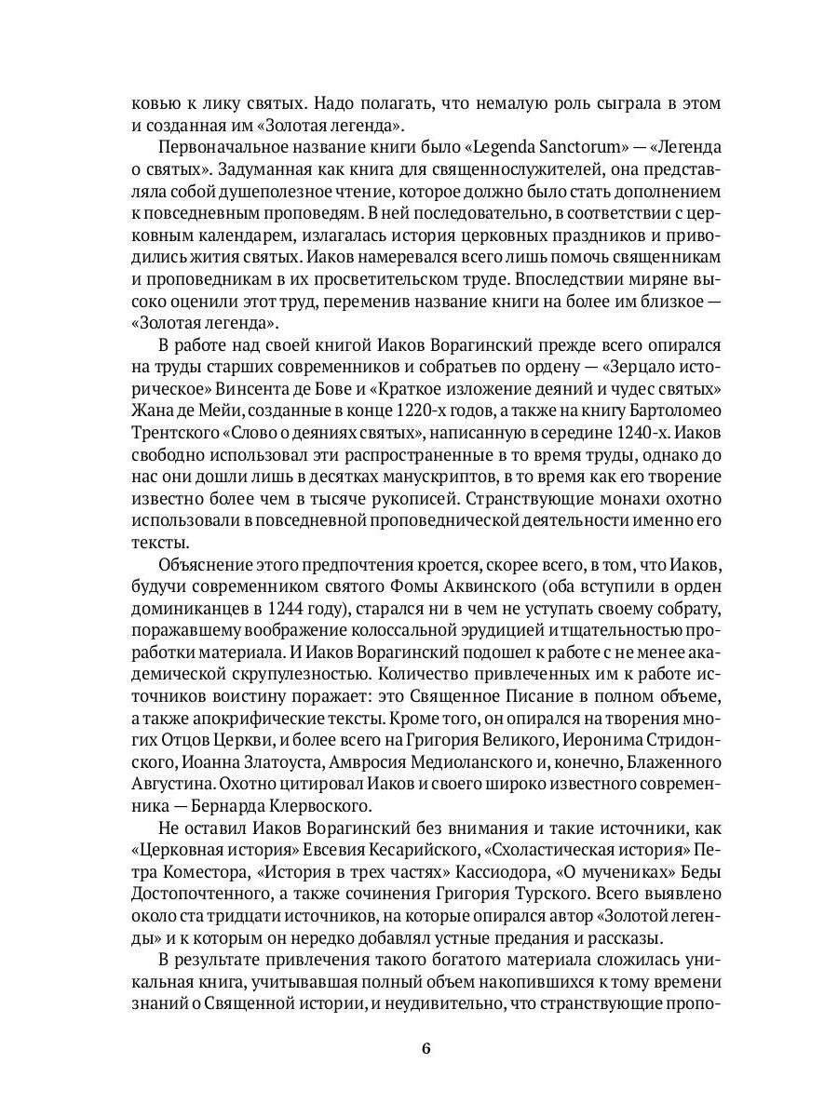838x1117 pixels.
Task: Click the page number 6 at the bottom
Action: [x=426, y=1048]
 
